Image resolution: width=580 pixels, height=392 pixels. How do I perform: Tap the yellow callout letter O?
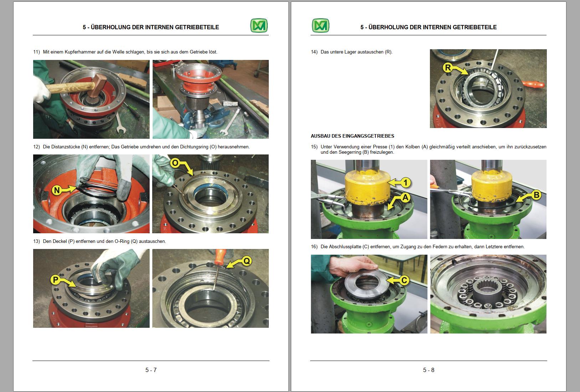pyautogui.click(x=175, y=163)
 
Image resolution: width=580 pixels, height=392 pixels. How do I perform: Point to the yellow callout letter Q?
pyautogui.click(x=246, y=261)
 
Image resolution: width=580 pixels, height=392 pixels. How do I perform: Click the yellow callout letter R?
pyautogui.click(x=448, y=67)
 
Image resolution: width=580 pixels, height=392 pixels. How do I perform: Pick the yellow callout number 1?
pyautogui.click(x=405, y=183)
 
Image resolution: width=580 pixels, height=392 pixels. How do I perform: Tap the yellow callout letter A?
pyautogui.click(x=405, y=197)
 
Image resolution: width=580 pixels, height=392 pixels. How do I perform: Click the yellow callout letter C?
pyautogui.click(x=404, y=280)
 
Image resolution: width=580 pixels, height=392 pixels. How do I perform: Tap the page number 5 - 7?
pyautogui.click(x=151, y=370)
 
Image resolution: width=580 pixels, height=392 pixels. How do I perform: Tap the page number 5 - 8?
pyautogui.click(x=428, y=370)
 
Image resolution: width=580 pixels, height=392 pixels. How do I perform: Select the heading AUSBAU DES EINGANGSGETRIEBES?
pyautogui.click(x=352, y=136)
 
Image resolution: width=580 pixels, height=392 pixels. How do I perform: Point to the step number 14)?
pyautogui.click(x=314, y=52)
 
